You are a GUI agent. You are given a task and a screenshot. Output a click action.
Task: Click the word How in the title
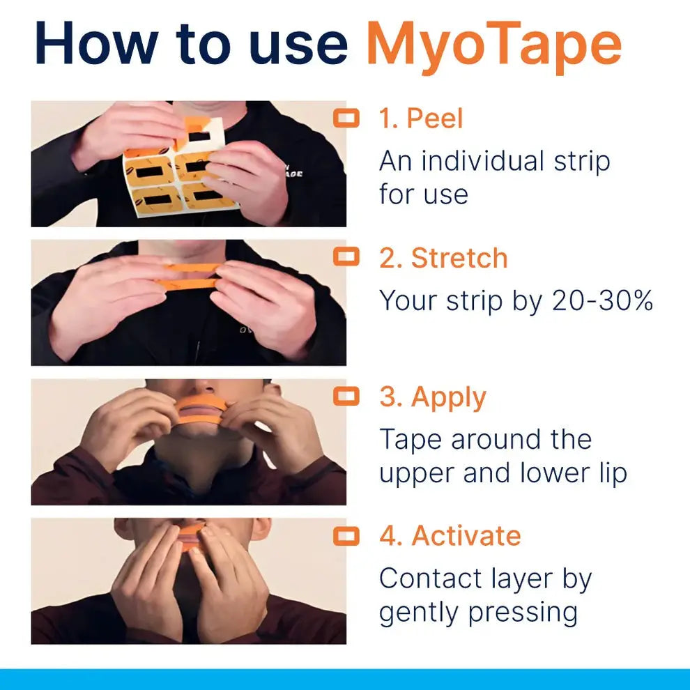[95, 43]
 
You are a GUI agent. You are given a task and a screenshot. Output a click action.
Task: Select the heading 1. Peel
[421, 118]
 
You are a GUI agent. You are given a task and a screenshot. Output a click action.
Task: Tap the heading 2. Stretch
[443, 258]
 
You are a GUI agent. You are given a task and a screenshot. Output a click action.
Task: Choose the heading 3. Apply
[433, 398]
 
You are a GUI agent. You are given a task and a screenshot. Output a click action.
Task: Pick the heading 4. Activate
[450, 536]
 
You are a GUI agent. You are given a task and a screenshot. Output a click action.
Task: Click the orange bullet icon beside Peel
[346, 118]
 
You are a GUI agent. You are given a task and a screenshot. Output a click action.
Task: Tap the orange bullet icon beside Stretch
[346, 257]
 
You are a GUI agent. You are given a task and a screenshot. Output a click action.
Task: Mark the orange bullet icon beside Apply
[346, 397]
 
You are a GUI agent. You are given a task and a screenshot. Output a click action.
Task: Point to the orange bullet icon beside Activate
[346, 536]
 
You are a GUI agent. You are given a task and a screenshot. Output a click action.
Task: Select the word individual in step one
[481, 161]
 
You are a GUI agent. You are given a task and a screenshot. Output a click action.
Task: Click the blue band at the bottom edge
[345, 680]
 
